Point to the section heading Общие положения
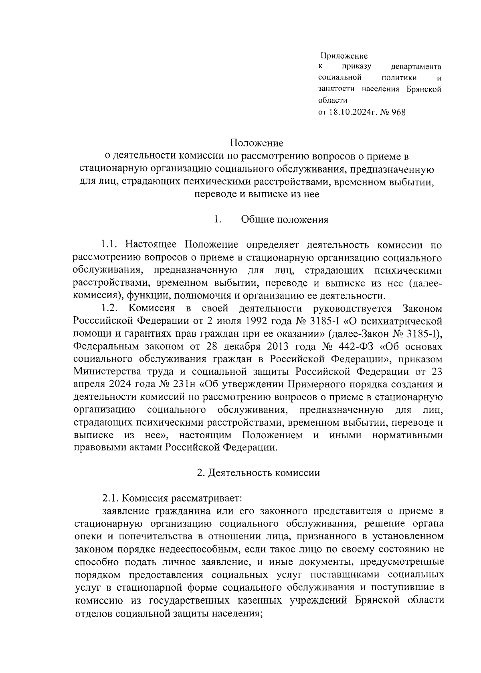[x=285, y=220]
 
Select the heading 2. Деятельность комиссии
[x=258, y=472]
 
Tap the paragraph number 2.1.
[x=110, y=498]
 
